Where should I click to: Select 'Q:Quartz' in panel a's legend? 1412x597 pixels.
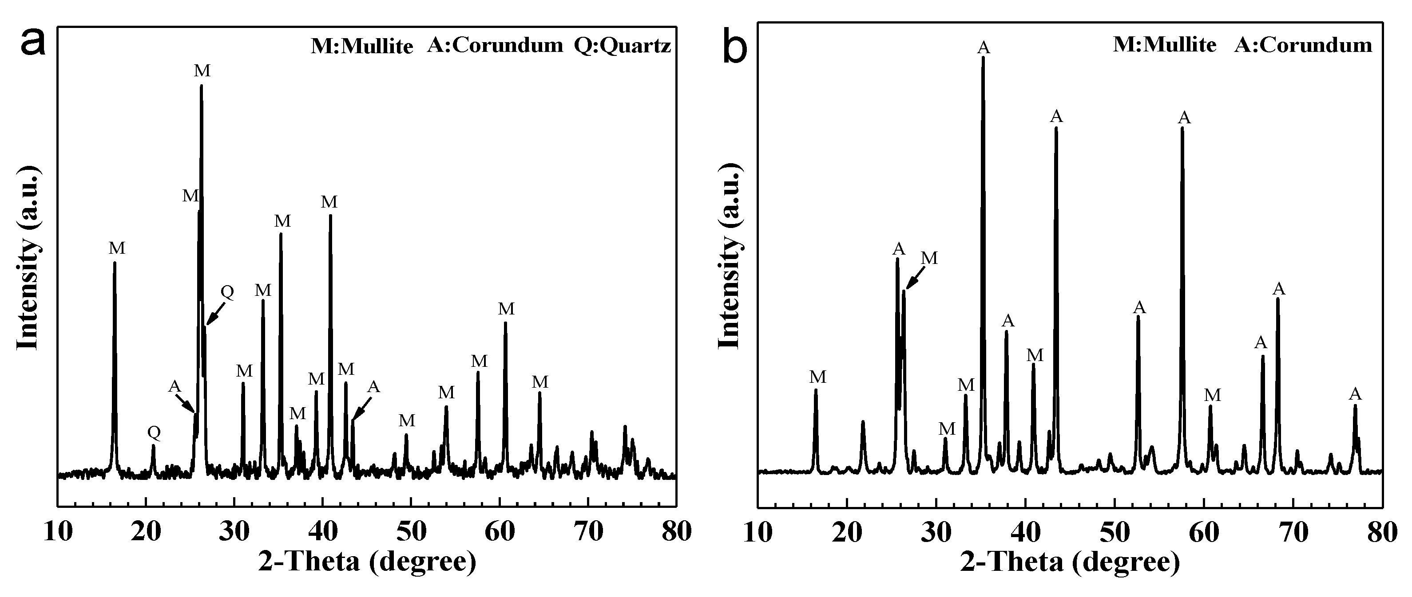622,45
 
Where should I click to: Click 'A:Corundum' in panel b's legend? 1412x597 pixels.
1303,44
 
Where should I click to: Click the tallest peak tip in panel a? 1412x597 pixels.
201,86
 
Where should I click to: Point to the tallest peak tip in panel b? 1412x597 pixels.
983,58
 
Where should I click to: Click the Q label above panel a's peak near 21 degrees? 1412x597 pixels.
154,433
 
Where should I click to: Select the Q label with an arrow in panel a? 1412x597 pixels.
227,292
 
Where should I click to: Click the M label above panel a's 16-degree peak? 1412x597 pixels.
117,248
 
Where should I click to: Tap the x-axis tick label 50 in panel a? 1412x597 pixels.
411,532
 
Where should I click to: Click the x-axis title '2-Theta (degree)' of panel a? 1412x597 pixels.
367,562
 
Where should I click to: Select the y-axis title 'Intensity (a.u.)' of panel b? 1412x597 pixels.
730,257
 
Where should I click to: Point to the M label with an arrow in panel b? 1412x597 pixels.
929,258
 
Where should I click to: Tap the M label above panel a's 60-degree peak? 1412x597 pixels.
506,309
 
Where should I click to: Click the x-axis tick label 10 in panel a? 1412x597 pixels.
58,532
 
